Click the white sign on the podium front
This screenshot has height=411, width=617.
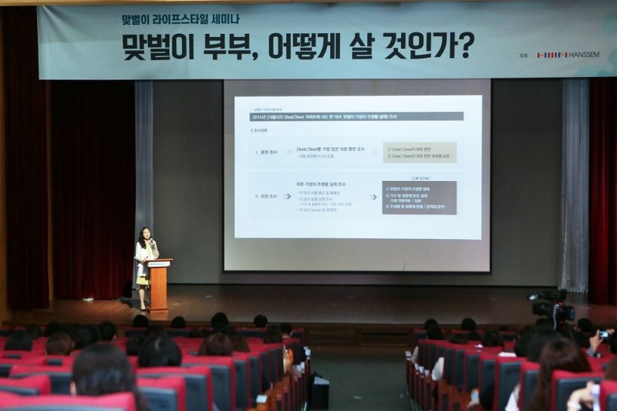(x=159, y=264)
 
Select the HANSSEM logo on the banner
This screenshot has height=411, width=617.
(x=575, y=55)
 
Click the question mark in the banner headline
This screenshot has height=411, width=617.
(x=465, y=46)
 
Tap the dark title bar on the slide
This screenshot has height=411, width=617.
(x=358, y=116)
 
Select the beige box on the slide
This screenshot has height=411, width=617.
(x=419, y=152)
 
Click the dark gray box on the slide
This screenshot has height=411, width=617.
(x=419, y=197)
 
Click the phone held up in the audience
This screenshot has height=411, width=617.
(x=603, y=335)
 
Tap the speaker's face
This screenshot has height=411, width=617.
(x=144, y=234)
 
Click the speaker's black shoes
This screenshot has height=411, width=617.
(x=143, y=308)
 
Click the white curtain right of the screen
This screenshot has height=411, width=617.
(x=575, y=185)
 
